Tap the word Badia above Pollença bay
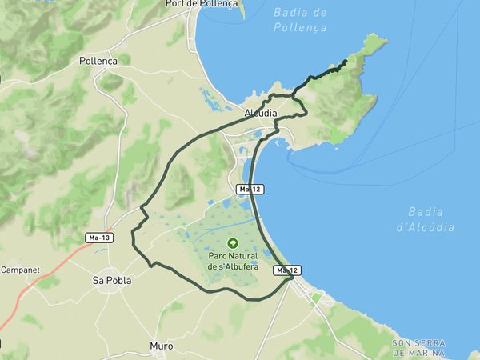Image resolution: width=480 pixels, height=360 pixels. pos(300,13)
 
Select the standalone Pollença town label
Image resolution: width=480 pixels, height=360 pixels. pos(98,61)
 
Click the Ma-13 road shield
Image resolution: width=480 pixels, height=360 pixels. pos(99,238)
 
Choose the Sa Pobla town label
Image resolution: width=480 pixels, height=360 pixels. pos(111,281)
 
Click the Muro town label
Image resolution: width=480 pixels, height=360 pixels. pos(161,346)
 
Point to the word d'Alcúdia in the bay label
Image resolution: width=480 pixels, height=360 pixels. pos(425,227)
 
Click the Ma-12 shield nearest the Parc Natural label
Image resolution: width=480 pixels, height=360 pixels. pos(287,270)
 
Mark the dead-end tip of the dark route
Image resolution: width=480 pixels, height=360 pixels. pos(346,61)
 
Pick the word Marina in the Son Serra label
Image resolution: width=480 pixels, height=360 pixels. pos(429,352)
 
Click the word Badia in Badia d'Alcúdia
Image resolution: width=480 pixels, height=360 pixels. pos(425,212)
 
